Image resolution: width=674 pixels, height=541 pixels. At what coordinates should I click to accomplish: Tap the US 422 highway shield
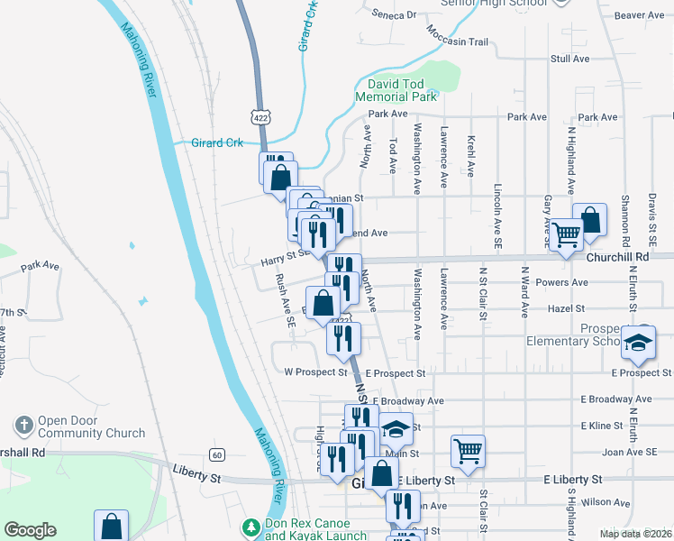point(260,116)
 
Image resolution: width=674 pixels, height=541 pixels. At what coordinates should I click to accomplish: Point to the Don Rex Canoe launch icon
point(251,526)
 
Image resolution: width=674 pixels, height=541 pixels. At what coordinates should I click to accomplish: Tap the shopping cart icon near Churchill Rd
point(567,236)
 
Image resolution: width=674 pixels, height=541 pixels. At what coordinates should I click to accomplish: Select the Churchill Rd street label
point(617,256)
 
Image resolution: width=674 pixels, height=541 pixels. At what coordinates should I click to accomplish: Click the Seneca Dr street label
point(398,14)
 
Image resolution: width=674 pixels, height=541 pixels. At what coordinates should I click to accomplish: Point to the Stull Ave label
point(569,59)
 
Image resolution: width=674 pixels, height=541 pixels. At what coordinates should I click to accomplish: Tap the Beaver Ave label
point(639,15)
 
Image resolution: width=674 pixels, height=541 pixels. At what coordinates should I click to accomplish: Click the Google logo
point(31,530)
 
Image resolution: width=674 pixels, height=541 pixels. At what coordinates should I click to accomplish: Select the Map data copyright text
point(635,534)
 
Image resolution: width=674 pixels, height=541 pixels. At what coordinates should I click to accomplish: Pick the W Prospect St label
point(315,371)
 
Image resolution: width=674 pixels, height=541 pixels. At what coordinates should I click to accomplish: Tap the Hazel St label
point(592,308)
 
